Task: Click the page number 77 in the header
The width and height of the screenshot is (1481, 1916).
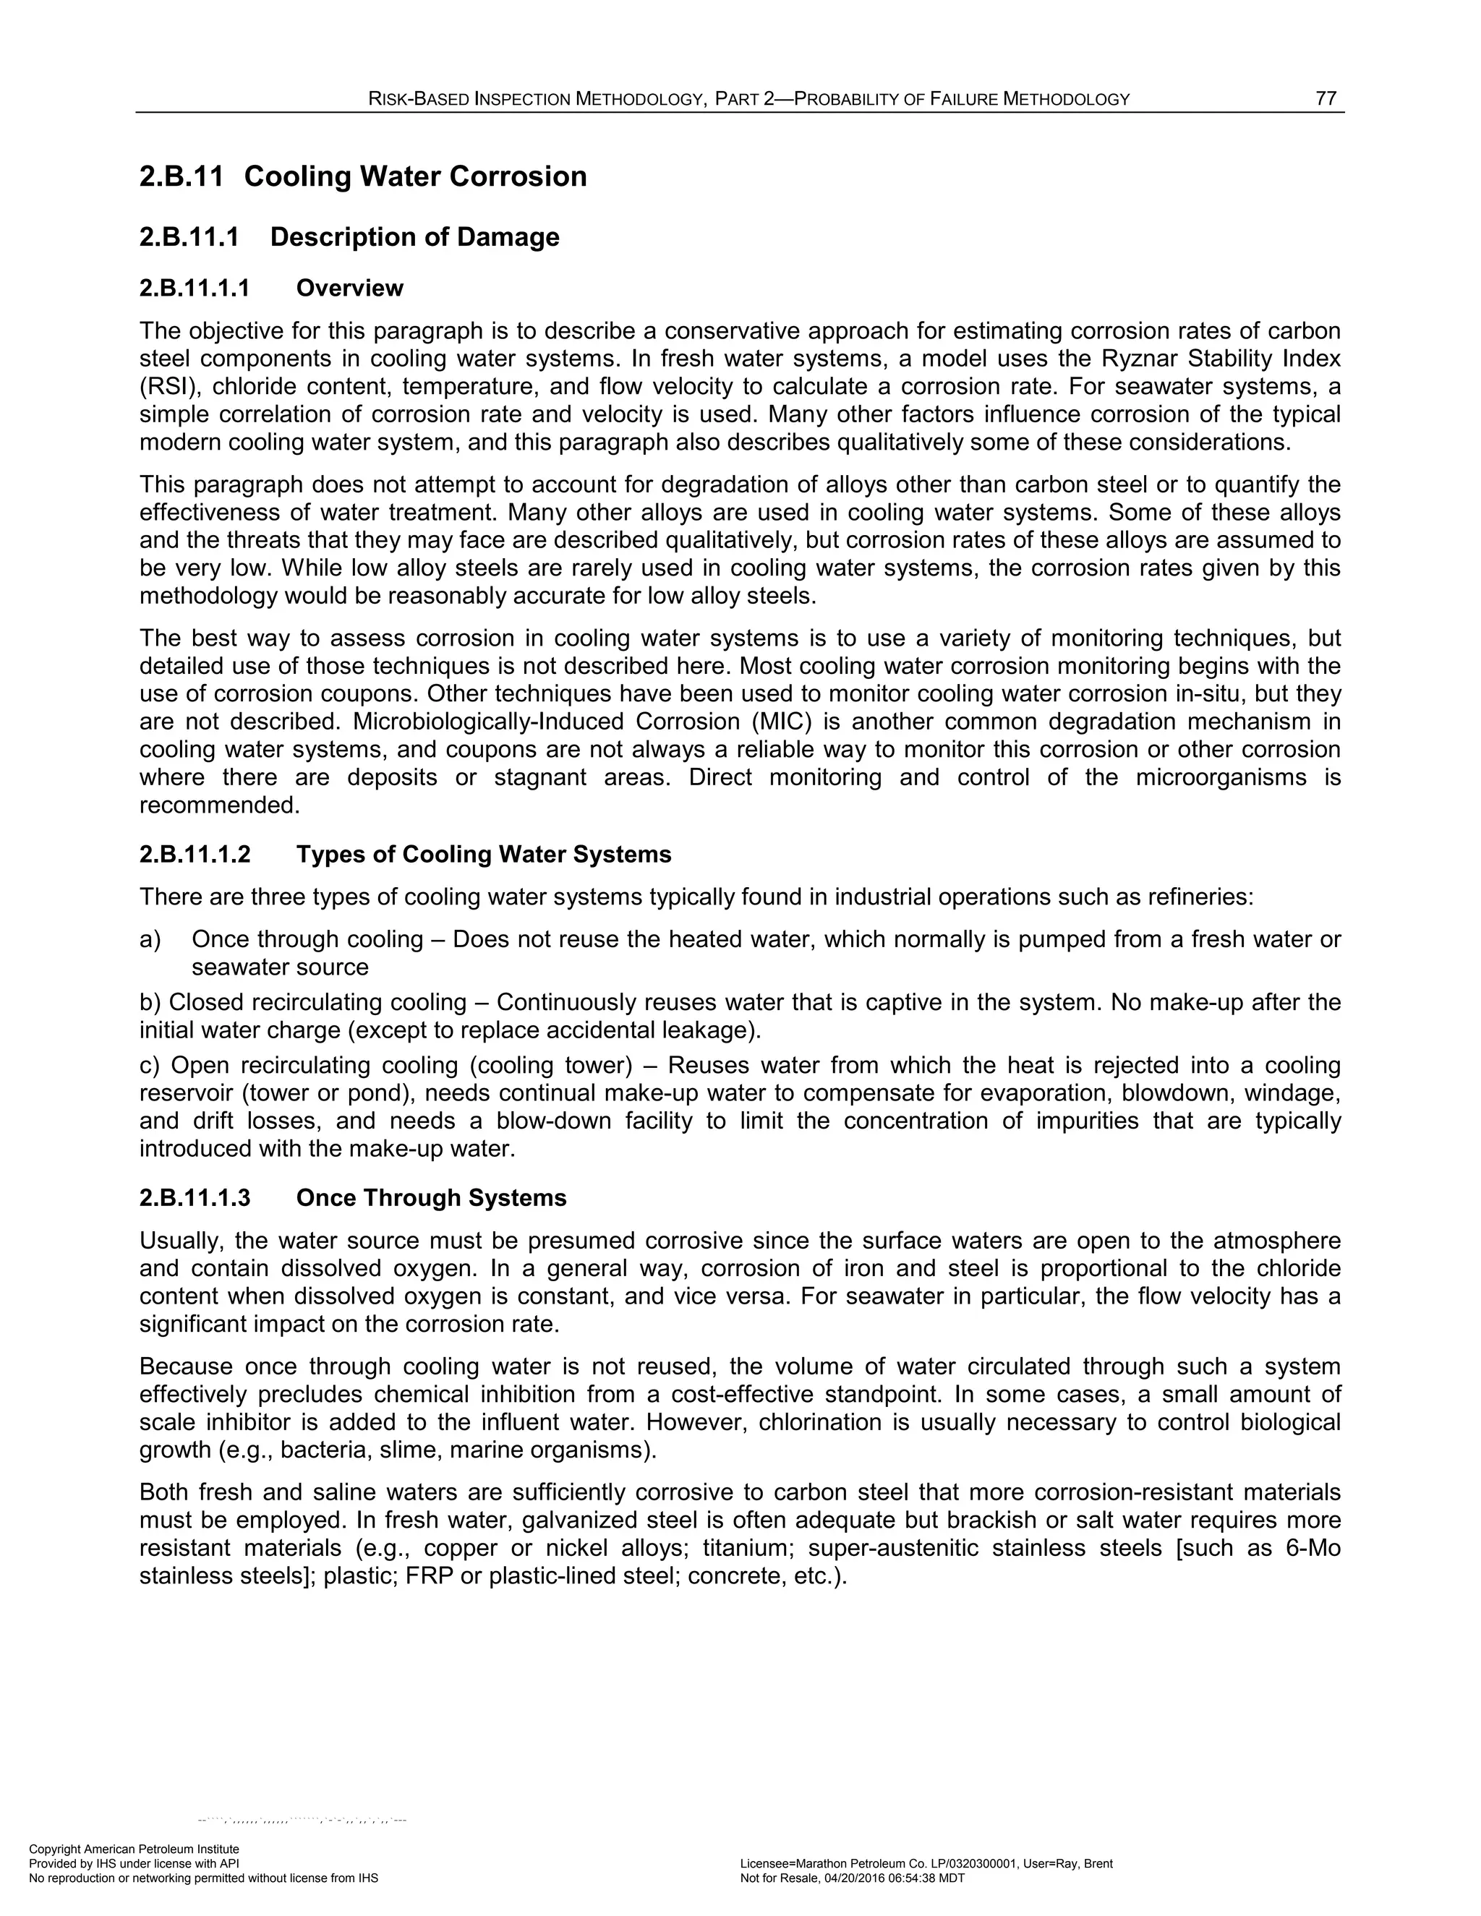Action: [1326, 98]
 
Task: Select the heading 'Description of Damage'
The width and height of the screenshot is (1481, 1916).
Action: [414, 237]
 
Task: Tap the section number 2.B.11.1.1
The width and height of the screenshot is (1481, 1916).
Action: [195, 288]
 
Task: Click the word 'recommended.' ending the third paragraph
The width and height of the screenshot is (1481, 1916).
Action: [219, 805]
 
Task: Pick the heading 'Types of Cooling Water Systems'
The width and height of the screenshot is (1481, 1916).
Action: [484, 855]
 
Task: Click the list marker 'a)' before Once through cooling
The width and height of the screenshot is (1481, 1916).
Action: [150, 940]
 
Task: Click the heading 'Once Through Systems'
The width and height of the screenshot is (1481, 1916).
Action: [431, 1198]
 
